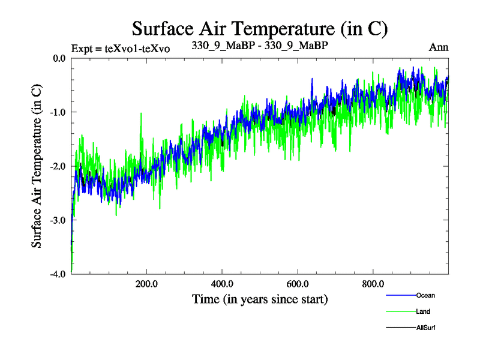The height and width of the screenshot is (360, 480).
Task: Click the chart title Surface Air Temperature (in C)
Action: coord(260,28)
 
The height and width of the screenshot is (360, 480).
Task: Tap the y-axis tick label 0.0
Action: coord(59,58)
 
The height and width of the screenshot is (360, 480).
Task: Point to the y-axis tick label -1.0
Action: coord(58,112)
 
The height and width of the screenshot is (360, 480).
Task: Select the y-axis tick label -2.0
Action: coord(58,166)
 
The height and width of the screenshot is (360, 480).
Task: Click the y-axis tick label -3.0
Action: coord(58,220)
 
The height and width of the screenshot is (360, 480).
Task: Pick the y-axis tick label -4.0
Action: coord(58,274)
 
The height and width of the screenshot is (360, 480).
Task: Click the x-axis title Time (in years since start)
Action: coord(260,298)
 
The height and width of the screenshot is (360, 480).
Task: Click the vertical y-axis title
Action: coord(37,166)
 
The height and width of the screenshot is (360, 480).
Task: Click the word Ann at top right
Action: coord(439,47)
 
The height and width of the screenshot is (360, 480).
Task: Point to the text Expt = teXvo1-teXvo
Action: coord(120,49)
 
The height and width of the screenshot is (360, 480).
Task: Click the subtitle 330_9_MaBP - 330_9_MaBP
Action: coord(260,46)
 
